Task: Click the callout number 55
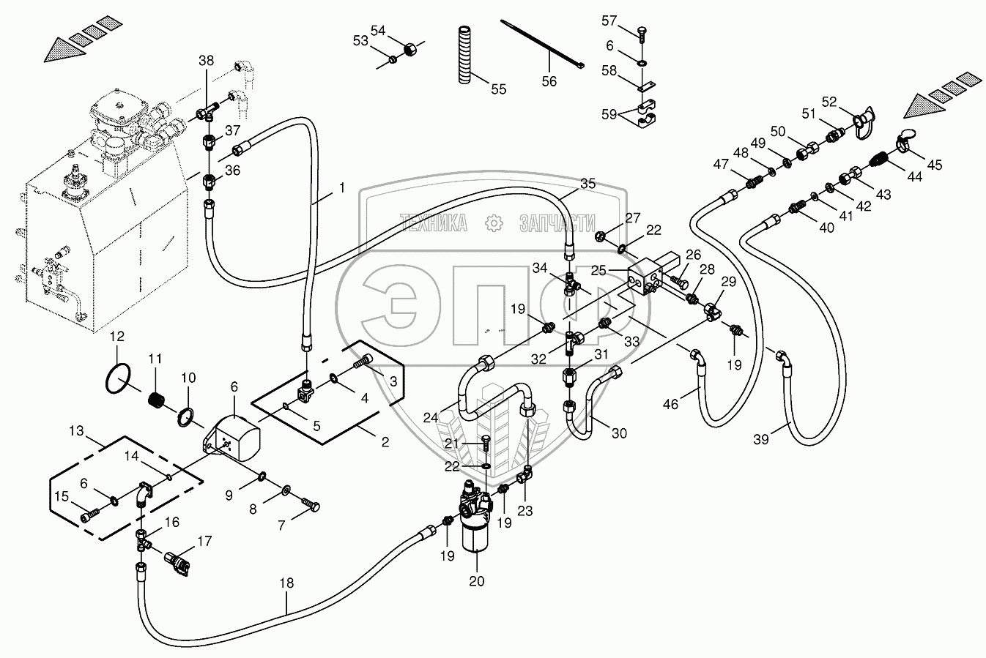click(x=498, y=89)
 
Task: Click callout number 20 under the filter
click(x=477, y=582)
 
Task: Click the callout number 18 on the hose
click(x=286, y=583)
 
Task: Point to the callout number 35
click(x=588, y=183)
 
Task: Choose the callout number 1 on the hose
click(x=341, y=187)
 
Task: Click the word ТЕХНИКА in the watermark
click(x=433, y=223)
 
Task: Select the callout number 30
click(x=619, y=433)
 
